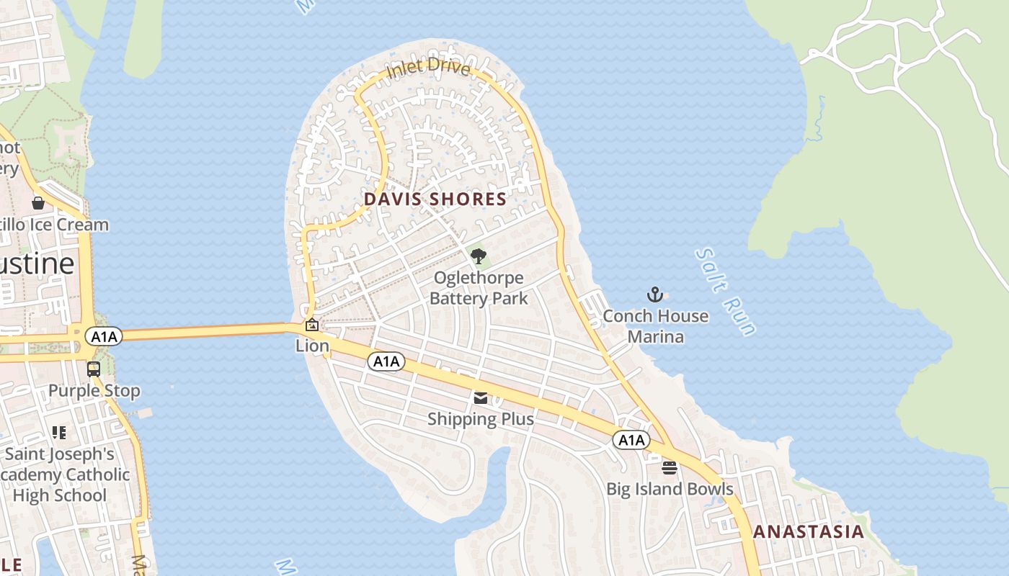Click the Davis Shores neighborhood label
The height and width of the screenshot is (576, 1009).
(435, 199)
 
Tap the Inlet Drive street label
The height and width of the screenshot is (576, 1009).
(428, 68)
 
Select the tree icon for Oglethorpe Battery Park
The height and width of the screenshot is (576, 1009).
(478, 256)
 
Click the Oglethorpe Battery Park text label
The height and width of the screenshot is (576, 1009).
(479, 288)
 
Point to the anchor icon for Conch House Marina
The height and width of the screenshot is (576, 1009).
(654, 294)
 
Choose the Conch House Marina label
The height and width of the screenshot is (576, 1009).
(655, 326)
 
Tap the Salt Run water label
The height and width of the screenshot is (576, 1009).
(726, 292)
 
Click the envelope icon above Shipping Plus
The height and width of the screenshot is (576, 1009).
(481, 397)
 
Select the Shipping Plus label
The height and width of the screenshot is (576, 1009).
(481, 419)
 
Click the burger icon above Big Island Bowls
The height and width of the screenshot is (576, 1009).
(670, 468)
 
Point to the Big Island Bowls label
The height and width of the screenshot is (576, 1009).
(670, 490)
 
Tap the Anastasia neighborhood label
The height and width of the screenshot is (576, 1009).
(808, 532)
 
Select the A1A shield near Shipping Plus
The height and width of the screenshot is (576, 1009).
(386, 361)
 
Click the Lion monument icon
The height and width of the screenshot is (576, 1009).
(311, 325)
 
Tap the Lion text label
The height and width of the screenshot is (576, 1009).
(312, 346)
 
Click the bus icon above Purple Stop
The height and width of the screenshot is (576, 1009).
(94, 369)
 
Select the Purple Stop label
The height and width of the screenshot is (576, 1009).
(94, 391)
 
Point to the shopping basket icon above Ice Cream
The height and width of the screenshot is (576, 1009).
(38, 203)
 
